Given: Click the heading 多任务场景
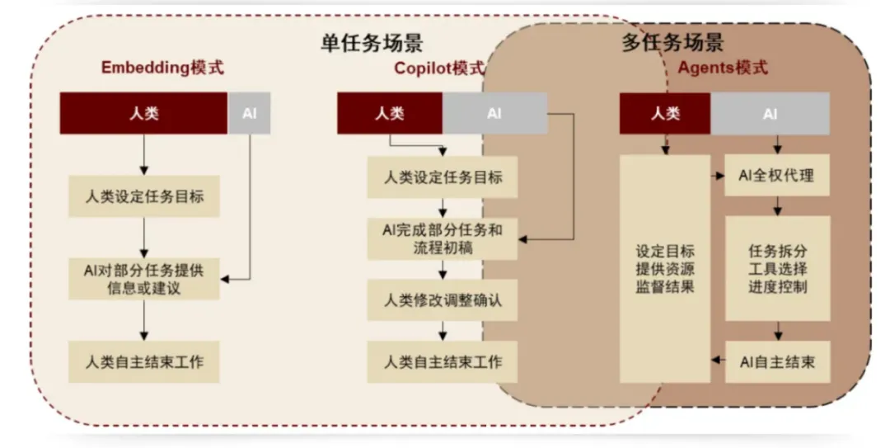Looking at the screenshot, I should point(672,42).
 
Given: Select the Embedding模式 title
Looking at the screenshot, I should point(162,68).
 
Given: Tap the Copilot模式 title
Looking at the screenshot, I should point(439,68).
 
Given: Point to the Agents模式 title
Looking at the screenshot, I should point(723,68).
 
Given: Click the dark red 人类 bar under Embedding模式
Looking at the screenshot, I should point(143,114).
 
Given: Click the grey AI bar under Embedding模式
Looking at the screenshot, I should point(249,114).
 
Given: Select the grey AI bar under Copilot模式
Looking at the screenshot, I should point(494,114).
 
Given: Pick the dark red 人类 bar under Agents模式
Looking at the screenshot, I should point(665,114).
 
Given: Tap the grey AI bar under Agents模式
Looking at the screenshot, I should point(770,114).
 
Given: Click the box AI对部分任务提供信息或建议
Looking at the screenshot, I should point(144,278).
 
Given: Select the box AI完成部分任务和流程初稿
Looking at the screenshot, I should point(443,238).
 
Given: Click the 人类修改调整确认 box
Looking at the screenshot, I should point(443,300).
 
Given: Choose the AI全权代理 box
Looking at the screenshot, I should point(777,176).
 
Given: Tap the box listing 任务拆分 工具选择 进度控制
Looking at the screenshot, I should point(777,268).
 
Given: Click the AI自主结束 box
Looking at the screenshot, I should point(777,361).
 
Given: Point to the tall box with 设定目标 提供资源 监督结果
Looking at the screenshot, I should point(665,268).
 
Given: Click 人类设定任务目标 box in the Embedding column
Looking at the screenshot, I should point(144,196).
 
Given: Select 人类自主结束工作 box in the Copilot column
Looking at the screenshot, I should point(443,361).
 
